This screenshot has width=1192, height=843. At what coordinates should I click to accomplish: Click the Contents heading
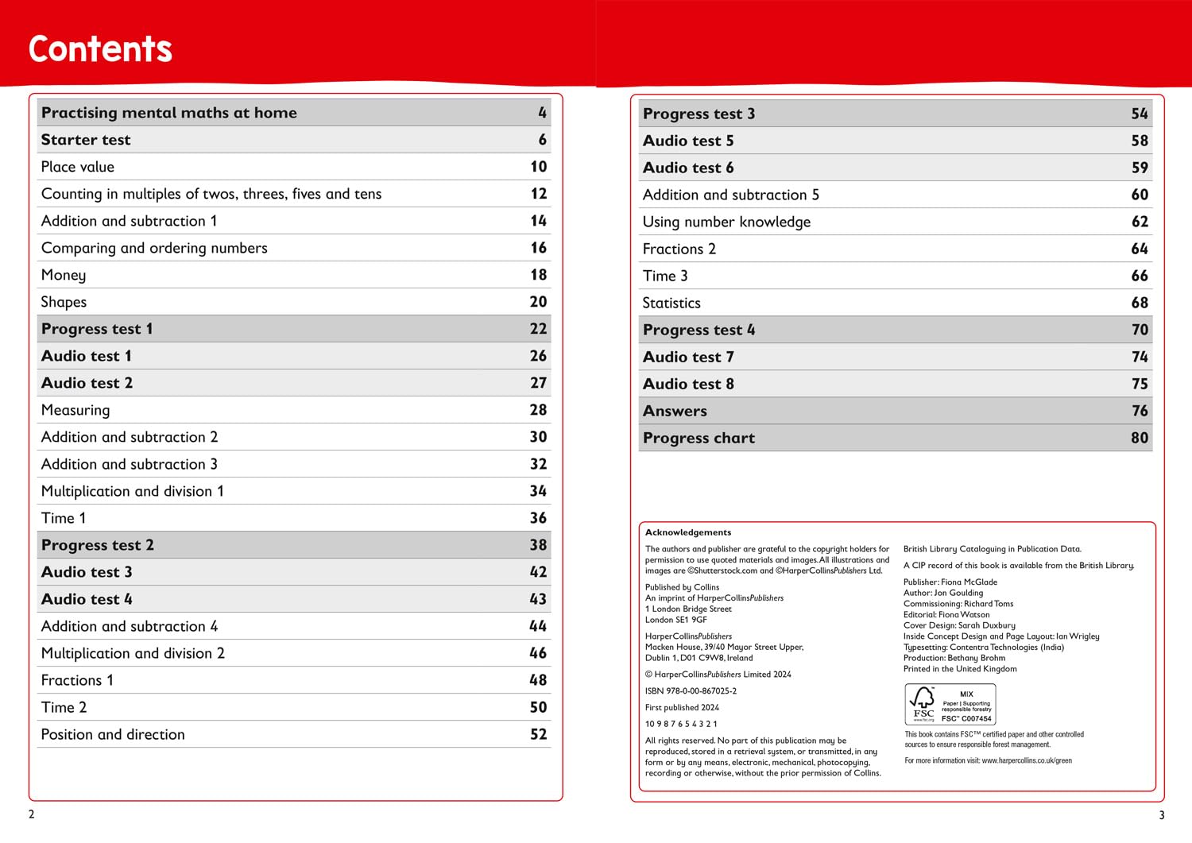click(x=100, y=48)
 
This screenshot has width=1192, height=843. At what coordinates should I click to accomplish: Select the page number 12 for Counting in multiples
click(x=539, y=194)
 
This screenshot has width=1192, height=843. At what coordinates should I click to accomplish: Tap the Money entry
click(x=64, y=275)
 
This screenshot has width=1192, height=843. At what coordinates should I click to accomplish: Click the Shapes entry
click(x=64, y=302)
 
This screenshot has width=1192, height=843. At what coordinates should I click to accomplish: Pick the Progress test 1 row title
click(x=97, y=329)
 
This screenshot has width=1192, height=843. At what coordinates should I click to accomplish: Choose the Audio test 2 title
click(x=87, y=383)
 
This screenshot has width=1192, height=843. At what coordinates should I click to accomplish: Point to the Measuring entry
click(x=75, y=410)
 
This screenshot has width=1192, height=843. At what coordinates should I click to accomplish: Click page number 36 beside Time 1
click(x=539, y=518)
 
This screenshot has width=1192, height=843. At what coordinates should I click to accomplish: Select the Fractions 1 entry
click(x=77, y=680)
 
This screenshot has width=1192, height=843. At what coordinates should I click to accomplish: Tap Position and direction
click(x=113, y=734)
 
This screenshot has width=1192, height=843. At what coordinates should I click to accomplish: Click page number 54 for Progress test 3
click(x=1140, y=114)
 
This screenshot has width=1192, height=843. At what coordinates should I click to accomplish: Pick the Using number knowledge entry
click(x=726, y=222)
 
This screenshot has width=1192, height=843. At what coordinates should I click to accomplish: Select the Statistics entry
click(x=671, y=303)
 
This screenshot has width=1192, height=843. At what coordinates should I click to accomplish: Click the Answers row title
click(x=675, y=411)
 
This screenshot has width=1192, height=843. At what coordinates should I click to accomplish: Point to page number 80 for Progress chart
click(x=1140, y=438)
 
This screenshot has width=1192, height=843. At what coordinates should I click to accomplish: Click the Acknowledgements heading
click(x=688, y=532)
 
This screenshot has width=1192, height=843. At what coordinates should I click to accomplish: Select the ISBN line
click(x=691, y=691)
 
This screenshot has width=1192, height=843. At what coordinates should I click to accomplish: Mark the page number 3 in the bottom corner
click(x=1162, y=815)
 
